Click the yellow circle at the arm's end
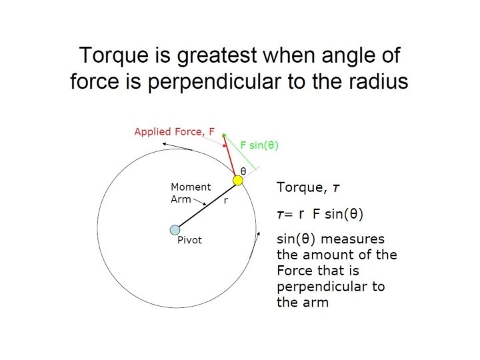point(237,181)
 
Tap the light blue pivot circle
point(175,230)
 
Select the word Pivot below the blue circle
point(189,241)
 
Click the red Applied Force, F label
point(174,131)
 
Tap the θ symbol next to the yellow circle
point(243,171)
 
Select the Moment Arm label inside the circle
point(190,193)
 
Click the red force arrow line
point(230,157)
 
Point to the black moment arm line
point(206,205)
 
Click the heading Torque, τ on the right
point(308,188)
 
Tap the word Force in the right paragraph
point(293,271)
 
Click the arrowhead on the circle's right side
point(257,234)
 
